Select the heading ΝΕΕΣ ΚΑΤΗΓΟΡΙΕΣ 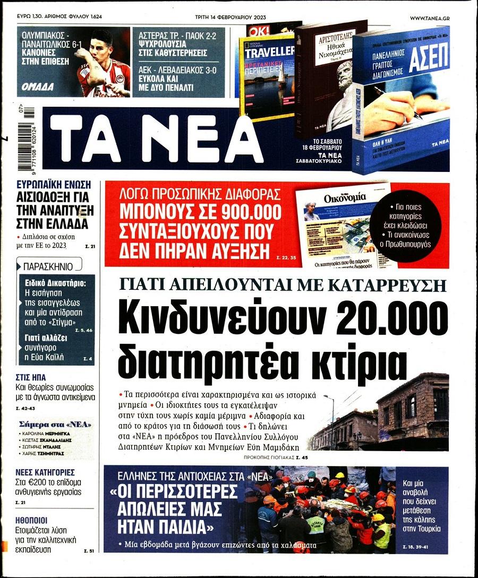tap(45, 472)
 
